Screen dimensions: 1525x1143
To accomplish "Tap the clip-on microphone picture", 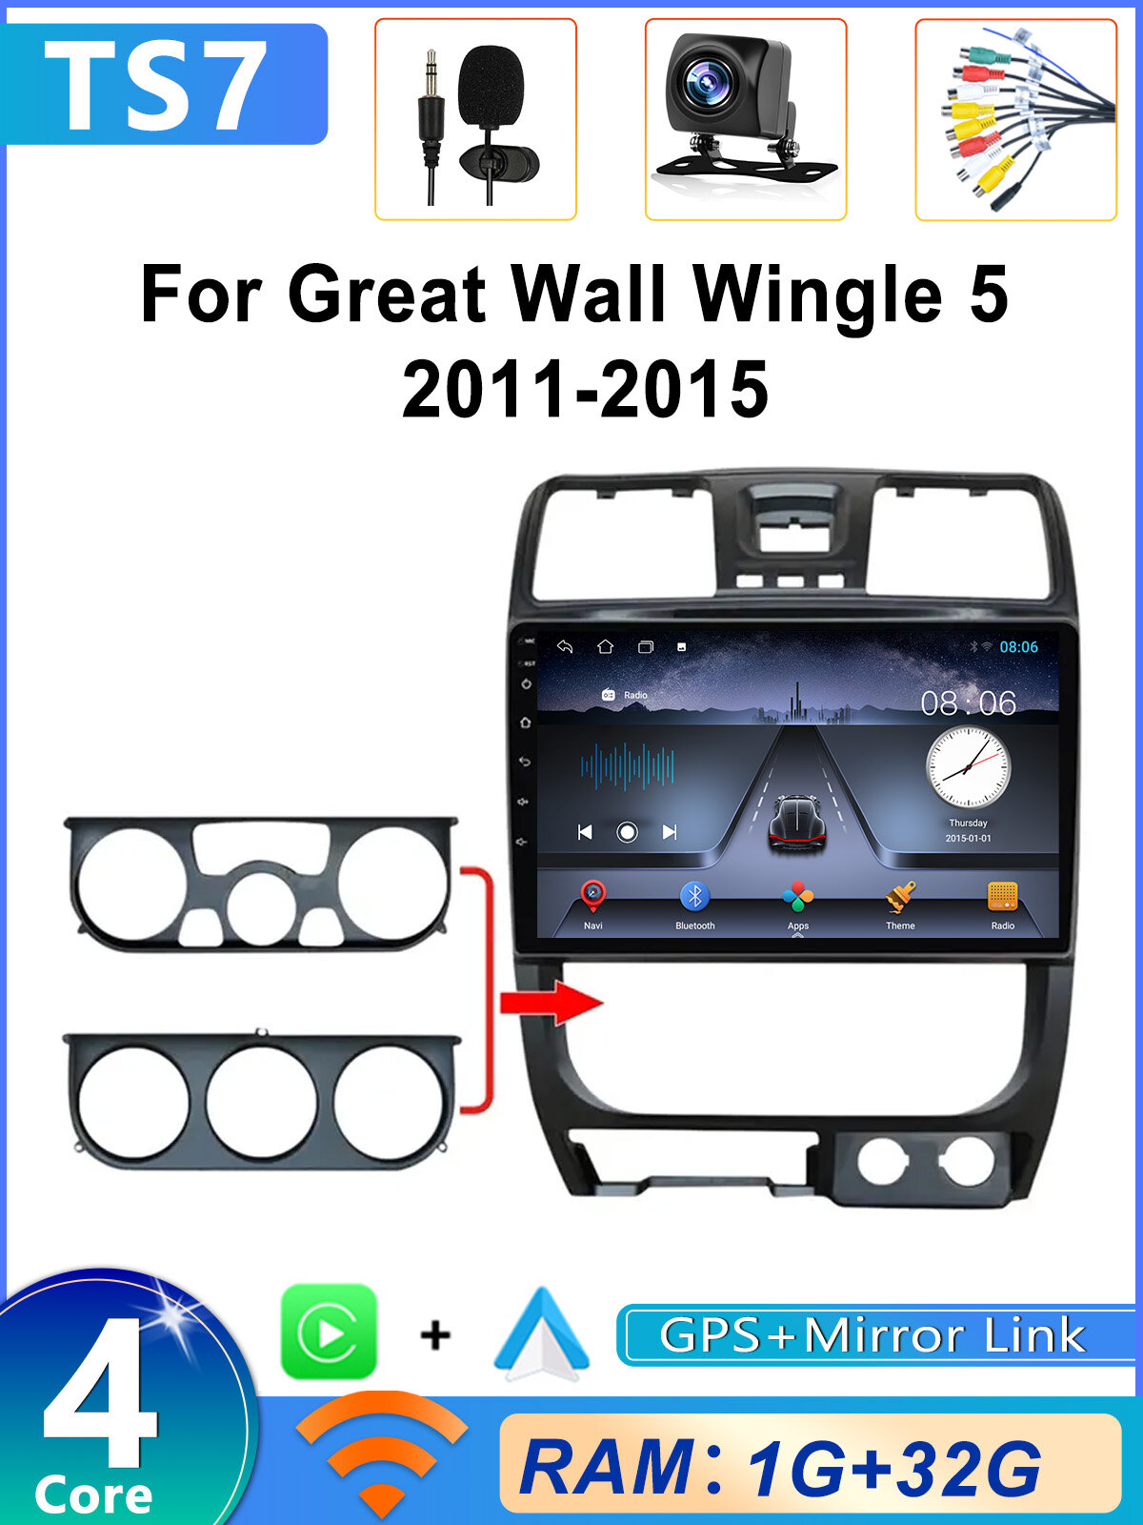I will point(476,119).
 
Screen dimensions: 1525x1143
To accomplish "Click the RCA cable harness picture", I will point(1015,119).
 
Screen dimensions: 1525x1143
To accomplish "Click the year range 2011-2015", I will point(585,389).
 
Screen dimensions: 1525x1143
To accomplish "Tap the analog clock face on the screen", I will point(968,767).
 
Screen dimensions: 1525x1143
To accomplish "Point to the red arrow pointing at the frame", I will point(552,1003).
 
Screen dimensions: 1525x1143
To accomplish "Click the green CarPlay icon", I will point(329,1332).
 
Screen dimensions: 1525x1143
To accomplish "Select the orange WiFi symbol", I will point(381,1454).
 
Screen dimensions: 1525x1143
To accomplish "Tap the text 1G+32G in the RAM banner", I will point(893,1469).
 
